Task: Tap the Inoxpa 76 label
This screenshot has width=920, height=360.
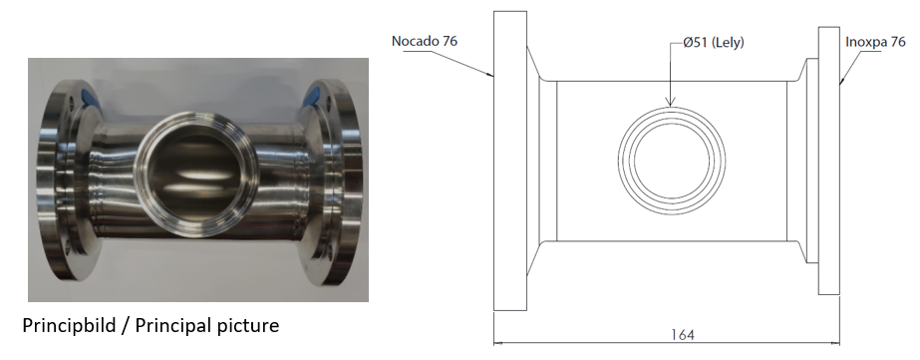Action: (x=875, y=42)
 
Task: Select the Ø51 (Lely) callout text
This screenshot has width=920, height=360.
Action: (x=714, y=42)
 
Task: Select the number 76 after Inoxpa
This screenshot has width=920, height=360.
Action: (x=897, y=42)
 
